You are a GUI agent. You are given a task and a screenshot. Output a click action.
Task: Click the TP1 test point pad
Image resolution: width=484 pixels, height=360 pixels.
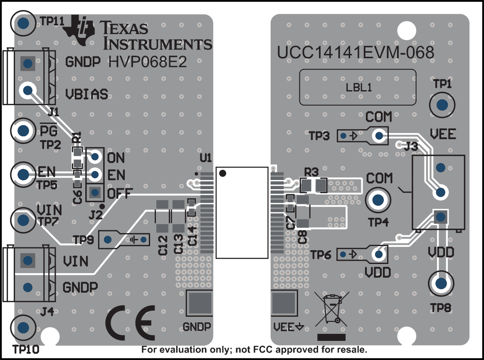pos(442,105)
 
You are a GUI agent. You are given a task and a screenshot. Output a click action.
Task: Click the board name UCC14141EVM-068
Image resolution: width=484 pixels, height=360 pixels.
pos(356,53)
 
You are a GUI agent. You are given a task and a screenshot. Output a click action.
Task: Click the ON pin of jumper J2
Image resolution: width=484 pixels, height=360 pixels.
pos(95,157)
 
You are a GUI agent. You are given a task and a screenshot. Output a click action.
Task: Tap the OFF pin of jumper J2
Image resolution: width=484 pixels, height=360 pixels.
pos(95,192)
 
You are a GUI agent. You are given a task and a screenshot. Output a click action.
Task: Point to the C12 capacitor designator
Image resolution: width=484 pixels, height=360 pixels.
pos(163,245)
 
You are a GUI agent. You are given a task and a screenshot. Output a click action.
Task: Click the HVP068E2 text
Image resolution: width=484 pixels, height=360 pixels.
pos(148,62)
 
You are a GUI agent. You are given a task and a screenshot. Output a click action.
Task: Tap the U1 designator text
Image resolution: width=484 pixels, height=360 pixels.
pos(206,158)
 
